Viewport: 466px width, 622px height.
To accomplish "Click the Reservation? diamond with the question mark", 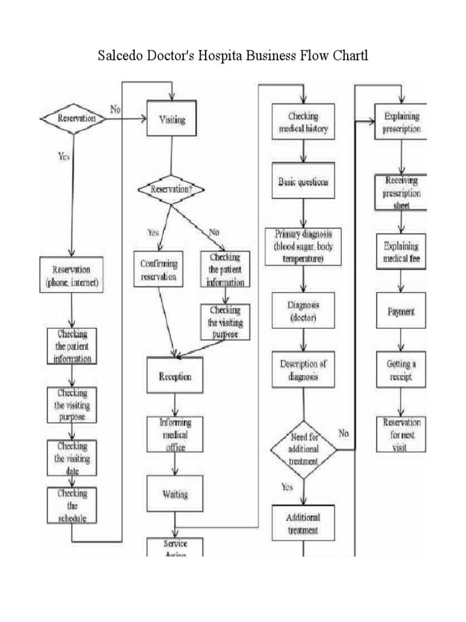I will tap(171, 190).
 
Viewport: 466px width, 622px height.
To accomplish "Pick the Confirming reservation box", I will tap(158, 270).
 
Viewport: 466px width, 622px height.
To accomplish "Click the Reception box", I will tap(175, 377).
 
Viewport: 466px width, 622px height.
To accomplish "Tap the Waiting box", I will tap(175, 494).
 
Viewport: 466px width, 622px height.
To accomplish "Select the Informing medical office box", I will tap(175, 435).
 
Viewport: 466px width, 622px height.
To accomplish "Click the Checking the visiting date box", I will tap(72, 457).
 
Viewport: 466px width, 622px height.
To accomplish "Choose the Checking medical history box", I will tap(303, 123).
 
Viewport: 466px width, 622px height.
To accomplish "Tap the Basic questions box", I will tap(303, 182).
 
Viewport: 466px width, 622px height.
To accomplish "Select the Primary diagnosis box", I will tap(303, 246).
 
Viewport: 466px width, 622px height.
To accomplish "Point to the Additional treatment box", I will tap(303, 524).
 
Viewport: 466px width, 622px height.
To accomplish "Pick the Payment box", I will tap(400, 312).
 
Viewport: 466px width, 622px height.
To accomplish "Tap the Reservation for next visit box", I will tap(400, 434).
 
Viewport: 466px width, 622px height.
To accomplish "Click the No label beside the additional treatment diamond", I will tap(343, 433).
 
